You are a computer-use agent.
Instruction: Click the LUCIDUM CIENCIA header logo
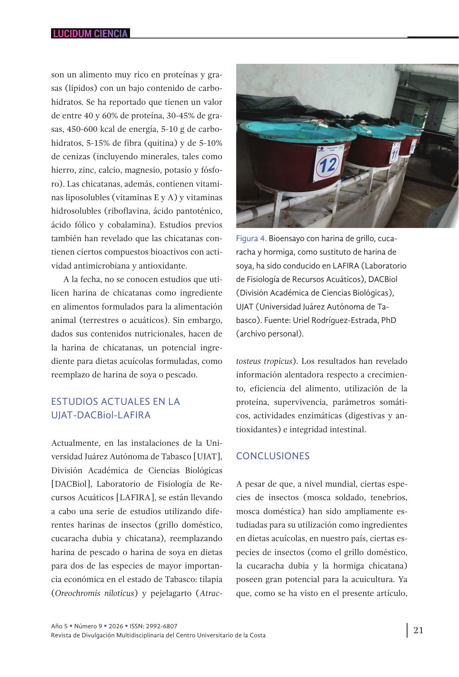90,34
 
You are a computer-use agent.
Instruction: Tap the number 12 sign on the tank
328,165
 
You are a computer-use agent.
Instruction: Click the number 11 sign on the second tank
394,154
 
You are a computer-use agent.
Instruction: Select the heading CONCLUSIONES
273,456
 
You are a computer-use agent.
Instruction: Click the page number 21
418,630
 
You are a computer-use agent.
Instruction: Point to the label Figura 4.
251,239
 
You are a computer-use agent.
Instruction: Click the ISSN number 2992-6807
163,626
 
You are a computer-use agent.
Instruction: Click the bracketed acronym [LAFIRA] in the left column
135,498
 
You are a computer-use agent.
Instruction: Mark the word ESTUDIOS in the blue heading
75,402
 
